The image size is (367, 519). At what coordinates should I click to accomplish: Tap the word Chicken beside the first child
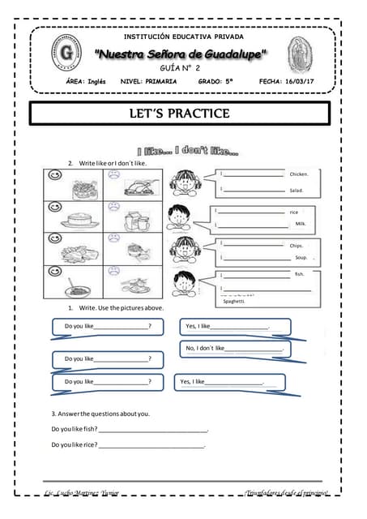[299, 174]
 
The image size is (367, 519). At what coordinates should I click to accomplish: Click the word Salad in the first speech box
[296, 191]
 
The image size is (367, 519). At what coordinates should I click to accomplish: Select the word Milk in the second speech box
[300, 223]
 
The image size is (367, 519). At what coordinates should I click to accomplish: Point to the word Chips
[296, 244]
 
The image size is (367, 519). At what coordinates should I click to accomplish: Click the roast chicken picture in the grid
[134, 187]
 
